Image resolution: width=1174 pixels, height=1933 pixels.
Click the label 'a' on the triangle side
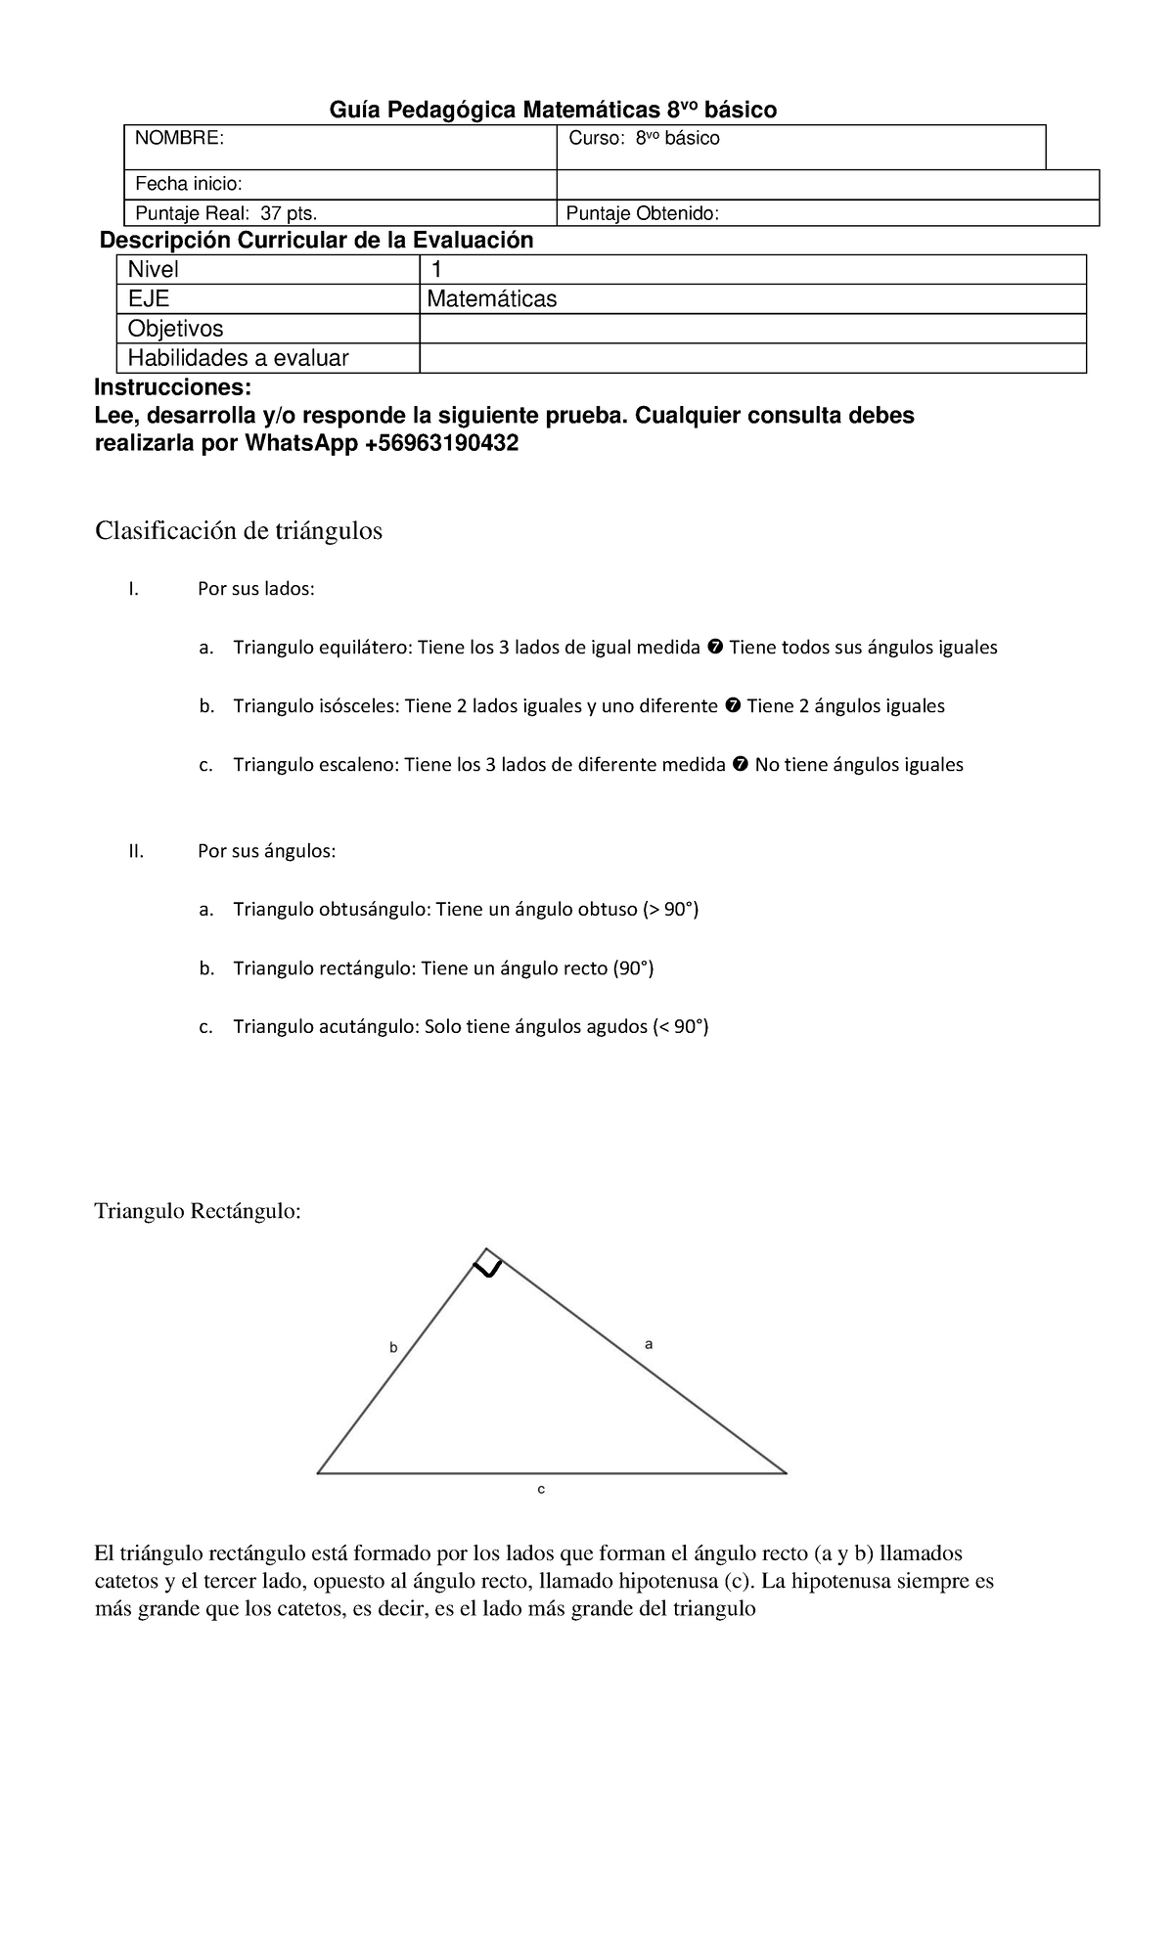[x=648, y=1344]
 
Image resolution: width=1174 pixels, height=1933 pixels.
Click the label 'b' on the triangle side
[x=393, y=1347]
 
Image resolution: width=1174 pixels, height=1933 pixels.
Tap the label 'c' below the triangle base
[x=540, y=1489]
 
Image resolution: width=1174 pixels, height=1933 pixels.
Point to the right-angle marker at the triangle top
[x=487, y=1265]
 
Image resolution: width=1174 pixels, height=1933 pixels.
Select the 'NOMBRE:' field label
[x=179, y=139]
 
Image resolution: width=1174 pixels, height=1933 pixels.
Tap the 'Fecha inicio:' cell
[x=189, y=184]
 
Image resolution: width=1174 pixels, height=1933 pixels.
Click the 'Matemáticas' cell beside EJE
[x=493, y=299]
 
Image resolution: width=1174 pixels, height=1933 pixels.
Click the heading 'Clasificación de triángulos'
[x=238, y=531]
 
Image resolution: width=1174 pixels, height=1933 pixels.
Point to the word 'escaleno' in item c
[x=358, y=765]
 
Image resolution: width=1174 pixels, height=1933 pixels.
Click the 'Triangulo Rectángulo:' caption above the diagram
[x=199, y=1211]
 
